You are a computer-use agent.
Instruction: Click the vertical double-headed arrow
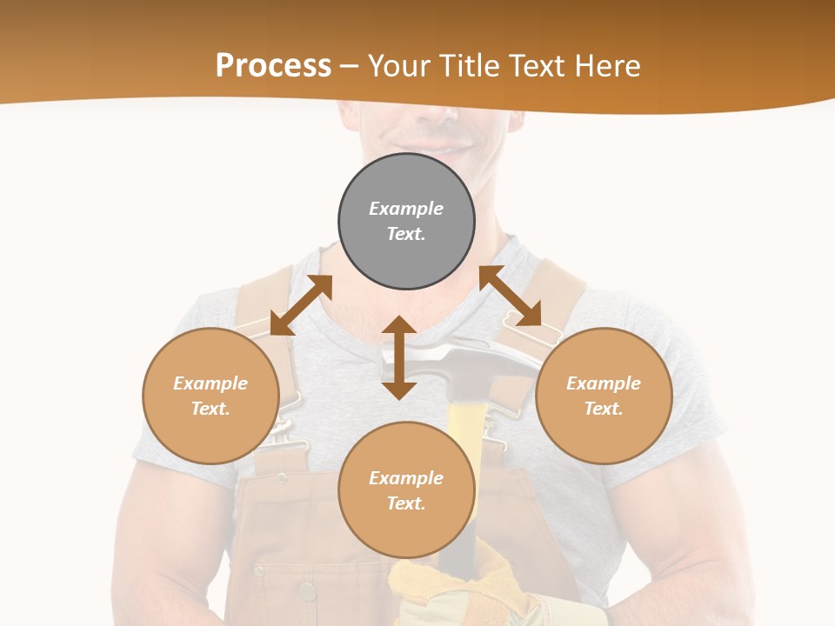pos(399,357)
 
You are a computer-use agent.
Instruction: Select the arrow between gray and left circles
pos(301,304)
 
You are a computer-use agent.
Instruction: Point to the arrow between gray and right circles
pos(511,296)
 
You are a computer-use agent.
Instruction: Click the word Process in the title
pos(273,65)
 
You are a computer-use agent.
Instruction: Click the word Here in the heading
pos(608,65)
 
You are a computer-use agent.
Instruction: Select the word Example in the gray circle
pos(406,209)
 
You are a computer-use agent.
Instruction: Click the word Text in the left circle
pos(210,409)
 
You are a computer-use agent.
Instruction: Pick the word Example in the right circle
pos(604,383)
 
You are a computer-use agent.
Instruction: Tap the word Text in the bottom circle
pos(405,503)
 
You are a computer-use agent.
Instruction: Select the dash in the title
pos(349,66)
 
